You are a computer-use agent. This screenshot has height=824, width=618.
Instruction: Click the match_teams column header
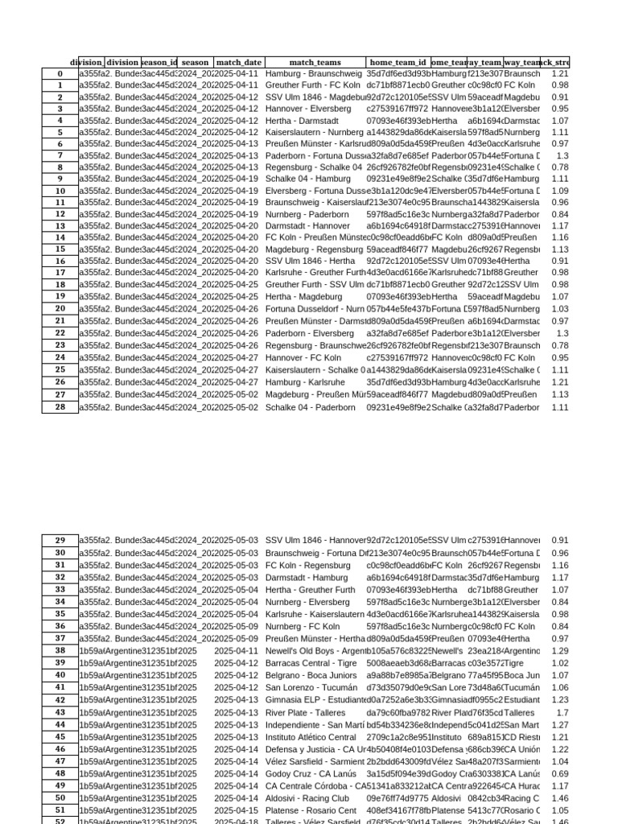click(x=315, y=62)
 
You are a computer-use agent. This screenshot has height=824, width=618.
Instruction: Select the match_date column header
click(x=239, y=62)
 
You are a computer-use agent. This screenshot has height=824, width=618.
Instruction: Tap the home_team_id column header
click(x=398, y=62)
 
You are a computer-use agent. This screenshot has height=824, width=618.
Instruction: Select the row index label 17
click(x=60, y=273)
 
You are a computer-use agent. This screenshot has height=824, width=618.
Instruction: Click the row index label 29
click(x=60, y=541)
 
